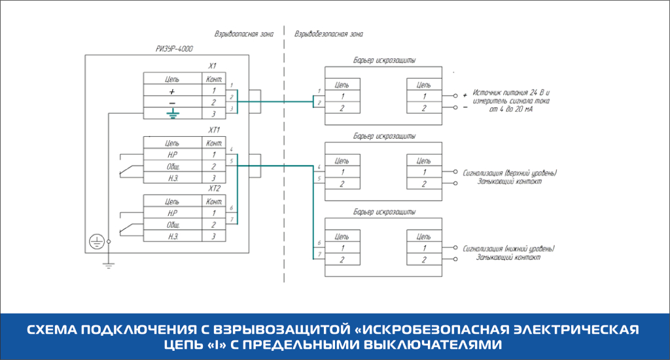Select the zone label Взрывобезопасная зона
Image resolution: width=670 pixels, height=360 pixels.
point(328,33)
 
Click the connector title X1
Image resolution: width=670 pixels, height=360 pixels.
point(213,66)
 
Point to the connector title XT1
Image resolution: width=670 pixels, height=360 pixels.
point(213,131)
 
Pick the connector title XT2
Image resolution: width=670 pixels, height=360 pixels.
point(213,189)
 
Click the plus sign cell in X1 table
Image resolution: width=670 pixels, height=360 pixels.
point(172,91)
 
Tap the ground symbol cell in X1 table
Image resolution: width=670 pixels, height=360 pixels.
point(172,114)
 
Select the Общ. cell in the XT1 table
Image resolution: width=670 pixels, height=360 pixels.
point(172,166)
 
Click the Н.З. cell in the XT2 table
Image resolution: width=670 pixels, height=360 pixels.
point(172,236)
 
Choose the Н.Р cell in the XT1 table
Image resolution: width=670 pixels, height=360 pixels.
point(172,154)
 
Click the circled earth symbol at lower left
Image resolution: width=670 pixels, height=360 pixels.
point(96,242)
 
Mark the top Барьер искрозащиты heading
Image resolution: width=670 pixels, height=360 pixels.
point(383,60)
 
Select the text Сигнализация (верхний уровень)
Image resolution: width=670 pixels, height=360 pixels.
point(510,173)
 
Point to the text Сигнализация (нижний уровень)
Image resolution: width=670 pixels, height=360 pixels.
point(508,249)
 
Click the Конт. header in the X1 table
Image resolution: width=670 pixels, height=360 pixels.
point(213,79)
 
